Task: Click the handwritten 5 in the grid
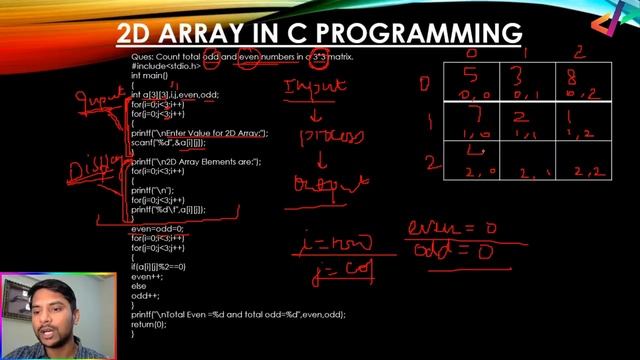point(472,74)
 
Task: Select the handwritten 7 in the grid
point(473,118)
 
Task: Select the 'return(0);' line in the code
point(154,324)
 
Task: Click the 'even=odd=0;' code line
point(160,229)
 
